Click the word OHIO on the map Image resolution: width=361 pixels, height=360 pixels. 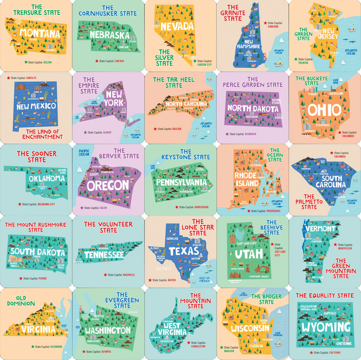[324, 110]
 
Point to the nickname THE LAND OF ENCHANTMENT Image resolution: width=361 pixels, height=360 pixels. [46, 134]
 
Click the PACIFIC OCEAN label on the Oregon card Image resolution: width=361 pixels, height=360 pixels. [84, 153]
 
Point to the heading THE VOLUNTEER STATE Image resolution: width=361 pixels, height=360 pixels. [108, 227]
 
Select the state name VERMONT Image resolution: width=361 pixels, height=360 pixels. [320, 229]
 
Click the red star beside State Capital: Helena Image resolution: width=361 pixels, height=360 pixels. [25, 62]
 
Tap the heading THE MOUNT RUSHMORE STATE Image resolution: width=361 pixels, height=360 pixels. [36, 227]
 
